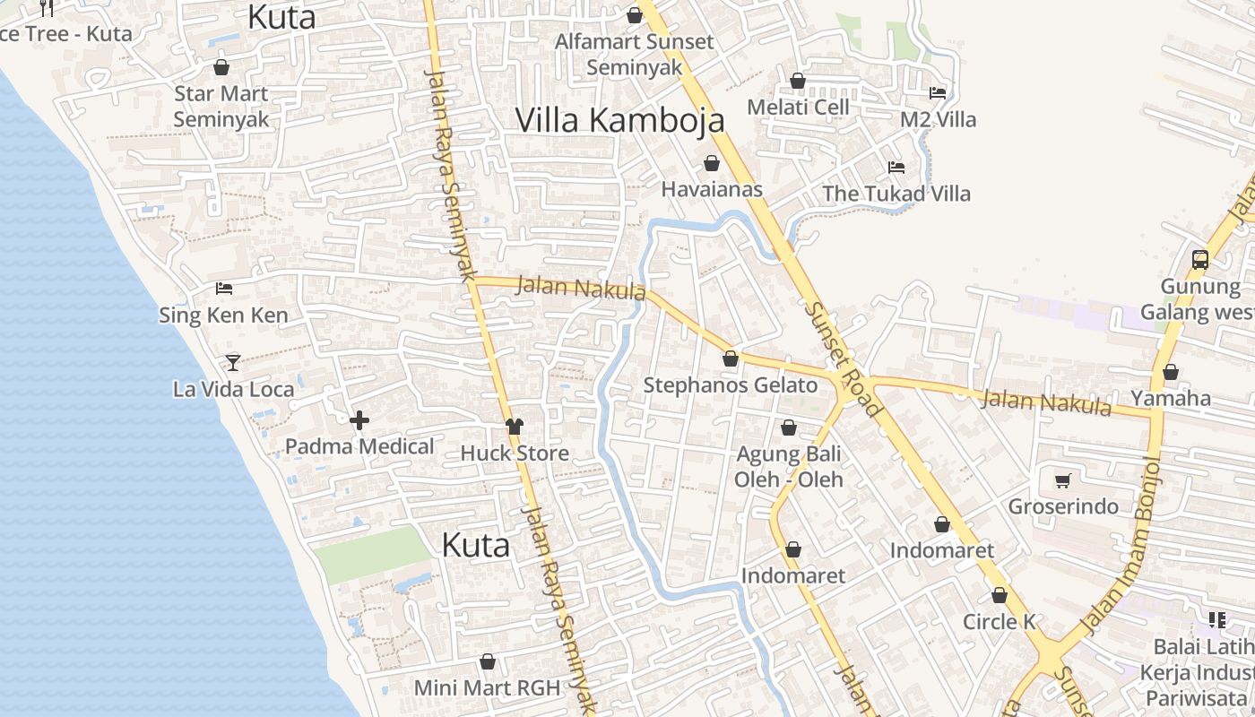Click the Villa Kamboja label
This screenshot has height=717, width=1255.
tap(619, 119)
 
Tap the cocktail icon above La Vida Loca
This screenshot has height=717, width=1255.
tap(233, 362)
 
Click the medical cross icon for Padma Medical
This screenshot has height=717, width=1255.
tap(359, 419)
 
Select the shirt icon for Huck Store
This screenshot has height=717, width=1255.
tap(515, 427)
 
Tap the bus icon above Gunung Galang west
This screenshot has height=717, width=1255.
tap(1200, 260)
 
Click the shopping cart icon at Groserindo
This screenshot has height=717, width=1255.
tap(1063, 480)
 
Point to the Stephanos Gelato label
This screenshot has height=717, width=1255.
tap(731, 385)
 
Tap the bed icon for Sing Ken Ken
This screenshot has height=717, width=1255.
tap(224, 289)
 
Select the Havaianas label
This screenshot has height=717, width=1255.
tap(712, 189)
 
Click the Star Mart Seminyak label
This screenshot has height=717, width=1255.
tap(221, 106)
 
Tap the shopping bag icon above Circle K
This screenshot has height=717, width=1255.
tap(1000, 595)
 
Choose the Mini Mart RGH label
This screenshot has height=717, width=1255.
tap(487, 687)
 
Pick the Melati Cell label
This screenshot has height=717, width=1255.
tap(797, 107)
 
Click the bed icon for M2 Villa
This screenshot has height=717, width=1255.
tap(938, 93)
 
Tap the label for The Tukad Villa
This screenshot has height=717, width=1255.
tap(896, 193)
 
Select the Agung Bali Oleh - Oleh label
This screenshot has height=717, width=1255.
tap(789, 466)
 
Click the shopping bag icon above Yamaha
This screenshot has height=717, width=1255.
tap(1171, 372)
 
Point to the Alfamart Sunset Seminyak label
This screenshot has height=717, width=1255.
tap(635, 54)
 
